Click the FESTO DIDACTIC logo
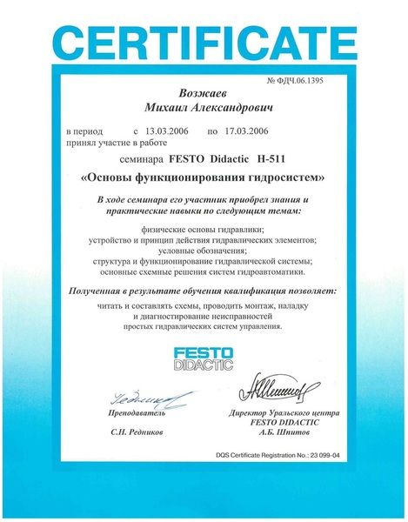click(x=203, y=357)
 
